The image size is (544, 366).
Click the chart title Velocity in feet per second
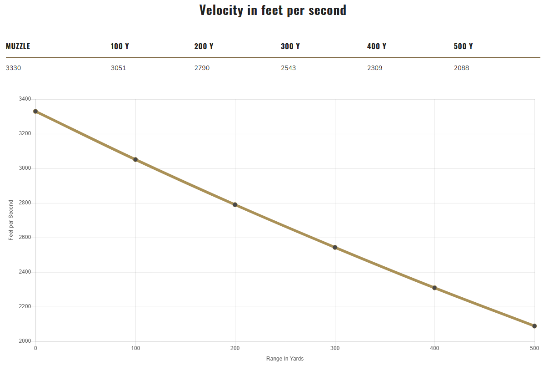[273, 10]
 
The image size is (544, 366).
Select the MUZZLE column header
[18, 46]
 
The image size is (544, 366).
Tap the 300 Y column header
[290, 46]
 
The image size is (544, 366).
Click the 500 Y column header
[463, 46]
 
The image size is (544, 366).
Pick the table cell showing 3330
[13, 68]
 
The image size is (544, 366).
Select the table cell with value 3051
[118, 68]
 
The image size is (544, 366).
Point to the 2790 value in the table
[202, 68]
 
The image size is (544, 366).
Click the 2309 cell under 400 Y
[374, 68]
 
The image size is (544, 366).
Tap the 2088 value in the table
[461, 68]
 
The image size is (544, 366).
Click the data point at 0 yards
[35, 111]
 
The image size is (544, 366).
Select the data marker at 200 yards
[235, 204]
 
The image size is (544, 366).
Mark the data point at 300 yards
[335, 247]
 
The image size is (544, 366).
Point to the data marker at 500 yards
[534, 326]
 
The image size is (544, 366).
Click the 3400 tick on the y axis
[25, 99]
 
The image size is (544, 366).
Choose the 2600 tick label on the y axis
[25, 238]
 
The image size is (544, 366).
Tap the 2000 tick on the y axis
[25, 341]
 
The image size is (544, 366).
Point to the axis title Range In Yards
[285, 359]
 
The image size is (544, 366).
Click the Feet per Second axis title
[11, 220]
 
